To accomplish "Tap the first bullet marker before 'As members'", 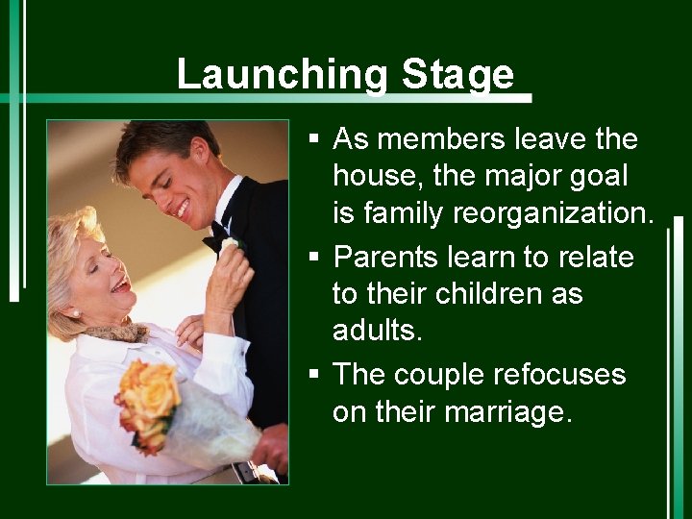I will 314,140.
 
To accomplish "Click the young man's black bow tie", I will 216,236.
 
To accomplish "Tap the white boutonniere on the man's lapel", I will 232,246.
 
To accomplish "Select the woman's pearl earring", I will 73,312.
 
